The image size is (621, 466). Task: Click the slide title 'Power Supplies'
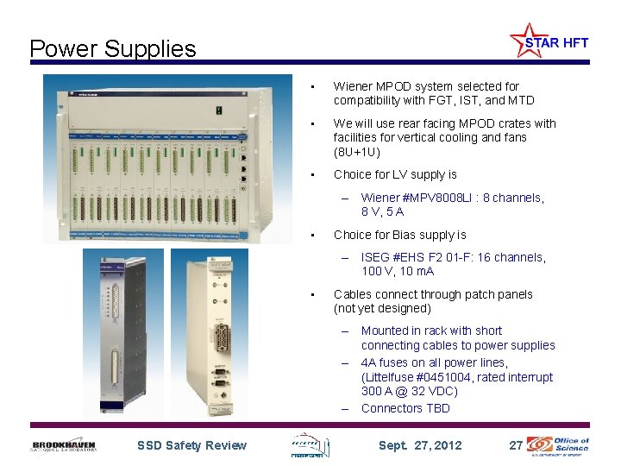click(113, 49)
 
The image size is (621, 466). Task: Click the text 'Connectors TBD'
click(405, 408)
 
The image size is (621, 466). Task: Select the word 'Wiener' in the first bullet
click(353, 86)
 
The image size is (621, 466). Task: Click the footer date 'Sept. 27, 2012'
click(421, 445)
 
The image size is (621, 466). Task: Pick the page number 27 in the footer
click(516, 445)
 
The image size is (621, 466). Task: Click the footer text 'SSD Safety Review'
click(191, 445)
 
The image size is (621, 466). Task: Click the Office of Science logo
click(560, 444)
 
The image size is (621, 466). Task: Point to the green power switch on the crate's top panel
click(220, 110)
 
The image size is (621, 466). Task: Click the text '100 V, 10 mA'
click(398, 272)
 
